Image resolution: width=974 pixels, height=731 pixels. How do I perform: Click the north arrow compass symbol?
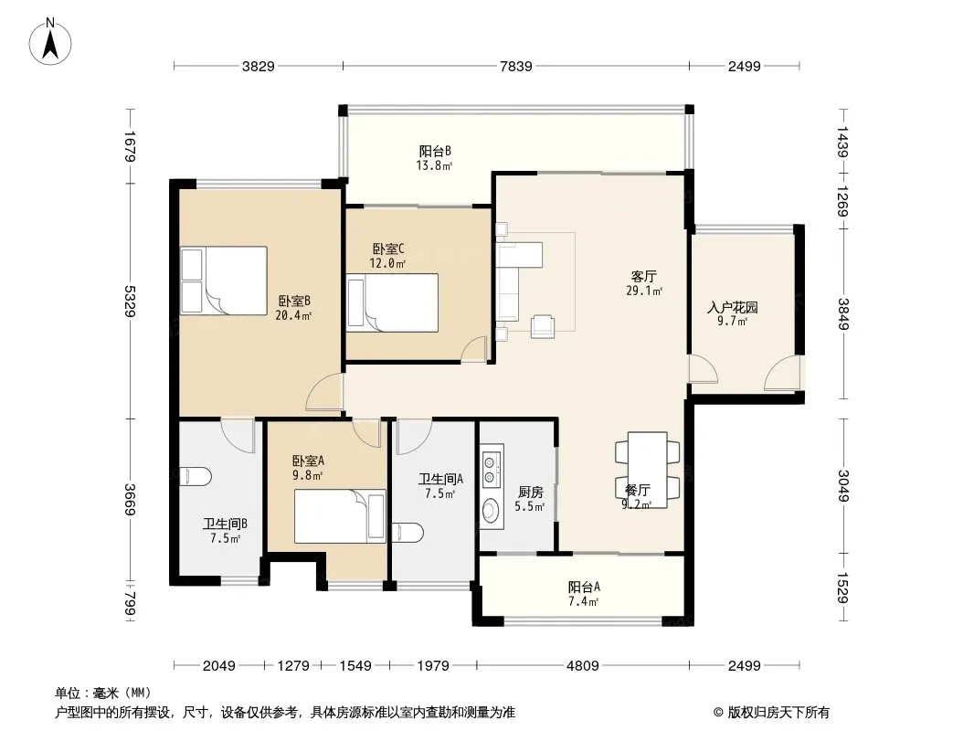click(50, 42)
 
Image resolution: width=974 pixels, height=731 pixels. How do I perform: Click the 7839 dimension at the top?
click(516, 66)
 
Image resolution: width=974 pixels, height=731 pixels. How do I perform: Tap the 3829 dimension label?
click(259, 66)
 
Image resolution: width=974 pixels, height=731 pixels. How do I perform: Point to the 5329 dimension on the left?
click(130, 302)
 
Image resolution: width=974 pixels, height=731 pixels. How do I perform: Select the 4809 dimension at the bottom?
click(583, 666)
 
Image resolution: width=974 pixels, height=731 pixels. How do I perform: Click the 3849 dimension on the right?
click(843, 314)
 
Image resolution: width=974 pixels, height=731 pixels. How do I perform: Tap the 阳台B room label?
click(435, 151)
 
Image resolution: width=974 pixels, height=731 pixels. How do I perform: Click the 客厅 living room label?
click(643, 276)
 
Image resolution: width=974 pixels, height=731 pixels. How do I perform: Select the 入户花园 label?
click(733, 307)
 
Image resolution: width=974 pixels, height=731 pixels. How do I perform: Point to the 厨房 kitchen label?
click(531, 492)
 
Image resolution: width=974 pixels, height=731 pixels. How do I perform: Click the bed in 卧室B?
click(224, 281)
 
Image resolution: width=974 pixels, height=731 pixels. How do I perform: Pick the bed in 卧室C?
click(393, 303)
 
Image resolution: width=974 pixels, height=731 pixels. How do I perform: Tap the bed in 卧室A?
click(341, 516)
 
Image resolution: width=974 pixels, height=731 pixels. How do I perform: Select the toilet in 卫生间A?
click(408, 532)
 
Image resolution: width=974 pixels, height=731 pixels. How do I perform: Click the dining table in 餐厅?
click(647, 471)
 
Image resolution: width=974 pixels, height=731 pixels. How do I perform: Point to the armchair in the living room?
click(543, 327)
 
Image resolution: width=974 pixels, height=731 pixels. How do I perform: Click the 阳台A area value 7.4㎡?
click(583, 602)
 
